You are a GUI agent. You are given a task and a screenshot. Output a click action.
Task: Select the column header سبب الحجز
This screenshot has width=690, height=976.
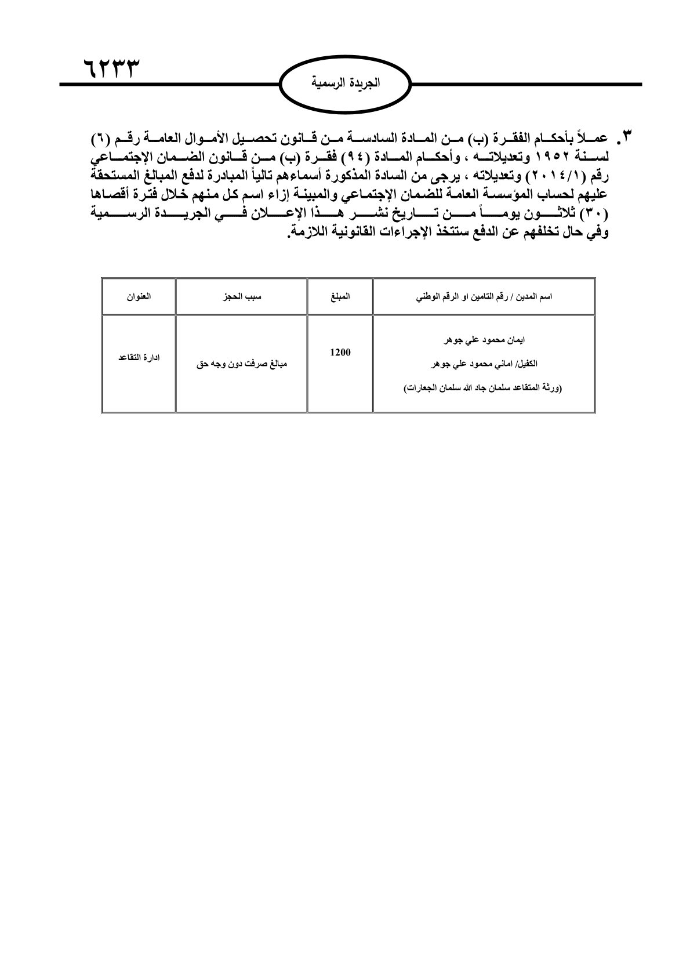(241, 296)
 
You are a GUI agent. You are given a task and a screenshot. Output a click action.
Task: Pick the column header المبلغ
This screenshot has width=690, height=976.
(340, 296)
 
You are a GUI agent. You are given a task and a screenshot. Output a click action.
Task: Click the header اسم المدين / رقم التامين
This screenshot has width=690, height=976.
(484, 296)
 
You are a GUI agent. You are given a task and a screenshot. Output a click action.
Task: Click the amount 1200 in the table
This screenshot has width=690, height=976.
(340, 352)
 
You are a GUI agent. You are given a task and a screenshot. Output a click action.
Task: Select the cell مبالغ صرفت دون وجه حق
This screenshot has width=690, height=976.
(241, 365)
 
